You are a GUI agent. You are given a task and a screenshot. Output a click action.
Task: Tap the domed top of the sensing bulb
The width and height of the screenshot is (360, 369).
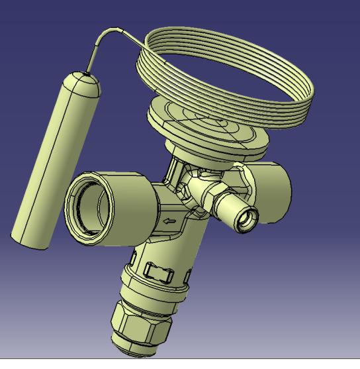(85, 83)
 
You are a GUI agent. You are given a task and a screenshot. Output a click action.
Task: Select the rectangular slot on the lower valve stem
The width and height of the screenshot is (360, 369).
(159, 271)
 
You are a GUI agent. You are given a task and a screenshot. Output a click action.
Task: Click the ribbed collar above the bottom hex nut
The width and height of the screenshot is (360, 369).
(149, 291)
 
